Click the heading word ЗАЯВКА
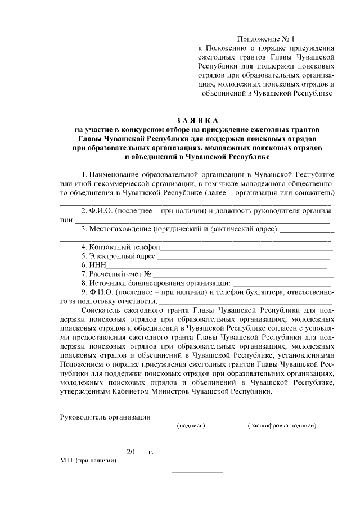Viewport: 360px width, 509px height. [196, 120]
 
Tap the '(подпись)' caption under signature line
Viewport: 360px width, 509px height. [191, 425]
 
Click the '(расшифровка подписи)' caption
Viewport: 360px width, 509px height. [282, 425]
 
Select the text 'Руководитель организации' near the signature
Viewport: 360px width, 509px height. [105, 417]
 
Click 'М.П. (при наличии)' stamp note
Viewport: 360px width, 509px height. [88, 460]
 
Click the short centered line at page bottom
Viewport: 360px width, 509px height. [197, 471]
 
